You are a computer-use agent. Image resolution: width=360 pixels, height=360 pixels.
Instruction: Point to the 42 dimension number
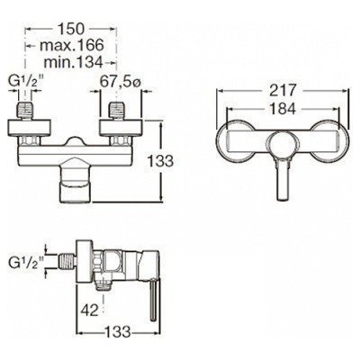86,308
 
